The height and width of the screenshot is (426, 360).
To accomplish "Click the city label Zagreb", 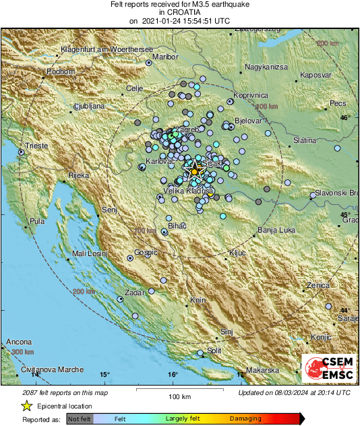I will tap(187, 129).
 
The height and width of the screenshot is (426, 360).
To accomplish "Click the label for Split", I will tap(214, 351).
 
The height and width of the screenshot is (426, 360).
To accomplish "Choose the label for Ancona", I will tap(19, 342).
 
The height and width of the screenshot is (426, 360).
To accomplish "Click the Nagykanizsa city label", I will tap(266, 67).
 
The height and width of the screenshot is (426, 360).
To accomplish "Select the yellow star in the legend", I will tap(27, 406).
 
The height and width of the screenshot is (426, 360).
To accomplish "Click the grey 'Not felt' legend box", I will tap(80, 419).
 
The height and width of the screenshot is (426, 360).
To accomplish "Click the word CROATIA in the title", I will tap(179, 12).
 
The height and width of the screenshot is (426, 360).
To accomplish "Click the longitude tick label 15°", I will tap(104, 374).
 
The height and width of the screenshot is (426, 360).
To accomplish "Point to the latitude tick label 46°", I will tap(345, 118).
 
